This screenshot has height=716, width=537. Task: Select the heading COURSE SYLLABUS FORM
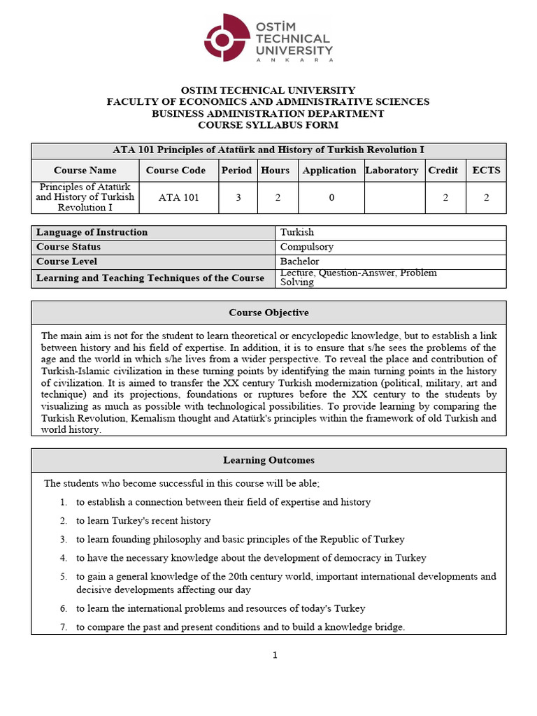pyautogui.click(x=268, y=125)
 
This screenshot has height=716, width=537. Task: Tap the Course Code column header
pyautogui.click(x=176, y=170)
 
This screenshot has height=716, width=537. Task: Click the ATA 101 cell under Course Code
pyautogui.click(x=178, y=198)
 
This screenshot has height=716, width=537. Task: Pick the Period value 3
pyautogui.click(x=238, y=198)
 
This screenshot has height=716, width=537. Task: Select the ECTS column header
pyautogui.click(x=486, y=170)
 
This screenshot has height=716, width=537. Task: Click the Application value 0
pyautogui.click(x=331, y=198)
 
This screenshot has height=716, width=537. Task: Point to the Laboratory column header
pyautogui.click(x=392, y=170)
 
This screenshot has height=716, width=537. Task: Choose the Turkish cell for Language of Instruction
pyautogui.click(x=297, y=232)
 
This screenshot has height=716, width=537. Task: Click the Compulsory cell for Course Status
pyautogui.click(x=307, y=247)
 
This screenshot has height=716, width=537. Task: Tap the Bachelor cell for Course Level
pyautogui.click(x=300, y=262)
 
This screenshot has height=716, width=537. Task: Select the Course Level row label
pyautogui.click(x=66, y=262)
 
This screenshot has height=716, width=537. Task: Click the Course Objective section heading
pyautogui.click(x=268, y=313)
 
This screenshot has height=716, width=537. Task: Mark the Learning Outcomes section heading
pyautogui.click(x=268, y=460)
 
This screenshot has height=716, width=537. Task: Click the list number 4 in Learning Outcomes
pyautogui.click(x=63, y=558)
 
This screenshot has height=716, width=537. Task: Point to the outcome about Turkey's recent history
pyautogui.click(x=143, y=521)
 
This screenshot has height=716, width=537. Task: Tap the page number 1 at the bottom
pyautogui.click(x=275, y=655)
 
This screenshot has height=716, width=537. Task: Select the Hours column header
pyautogui.click(x=275, y=170)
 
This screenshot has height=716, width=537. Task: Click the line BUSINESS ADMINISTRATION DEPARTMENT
pyautogui.click(x=268, y=113)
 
